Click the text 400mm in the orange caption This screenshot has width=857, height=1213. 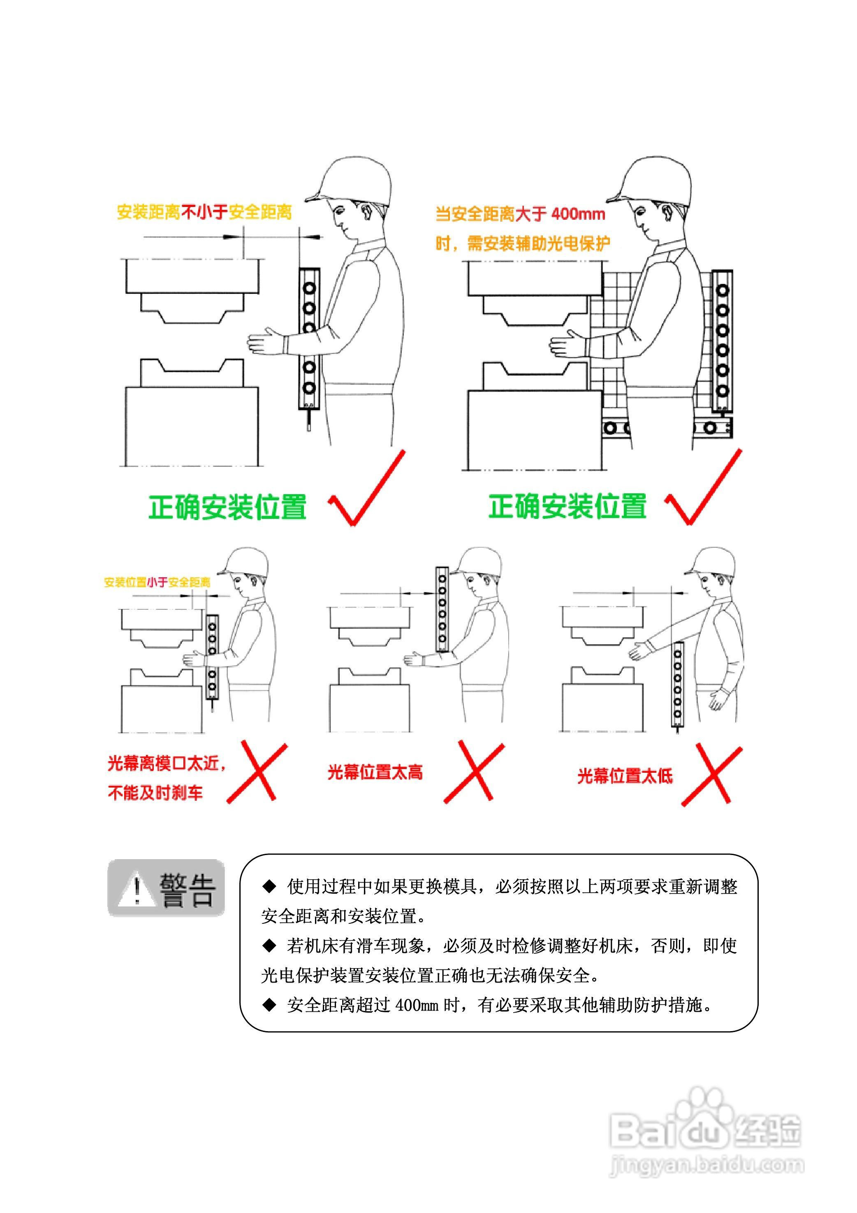tap(578, 214)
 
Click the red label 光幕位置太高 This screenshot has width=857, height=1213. tap(375, 772)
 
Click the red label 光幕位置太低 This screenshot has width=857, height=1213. tap(625, 776)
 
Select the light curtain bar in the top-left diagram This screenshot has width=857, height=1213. tap(309, 338)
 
